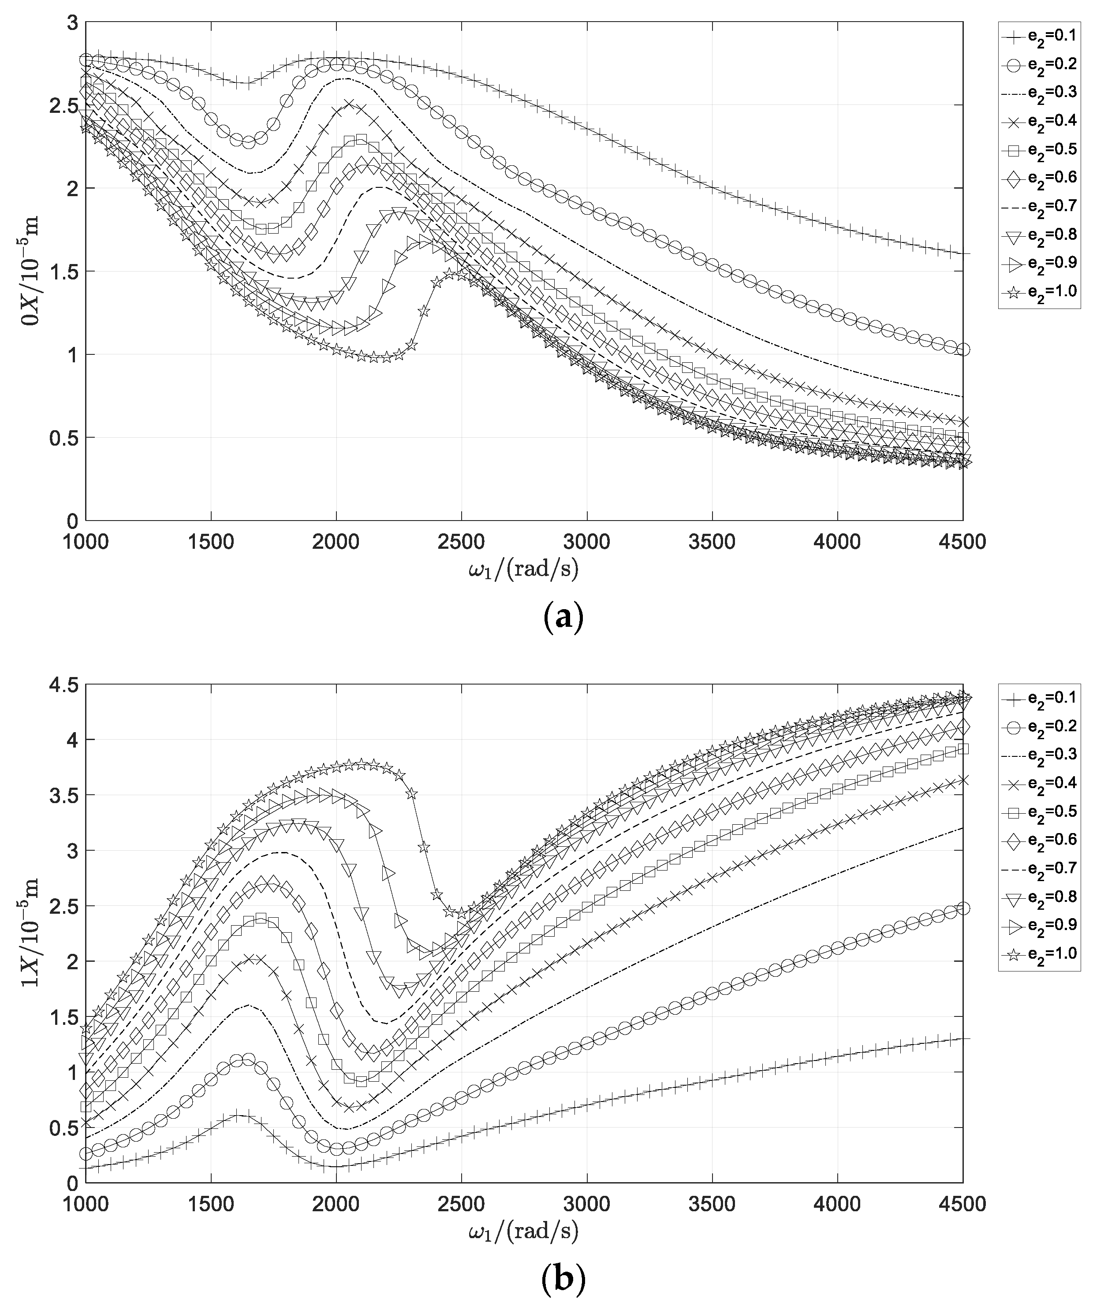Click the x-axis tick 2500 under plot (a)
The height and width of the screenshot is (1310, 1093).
point(461,541)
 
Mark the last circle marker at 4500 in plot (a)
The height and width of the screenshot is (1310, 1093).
point(962,350)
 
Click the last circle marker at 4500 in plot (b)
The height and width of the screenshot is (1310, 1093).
point(962,908)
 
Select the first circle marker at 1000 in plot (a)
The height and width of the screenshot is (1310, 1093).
point(86,60)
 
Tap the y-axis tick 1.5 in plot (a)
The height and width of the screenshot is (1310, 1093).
point(67,272)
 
